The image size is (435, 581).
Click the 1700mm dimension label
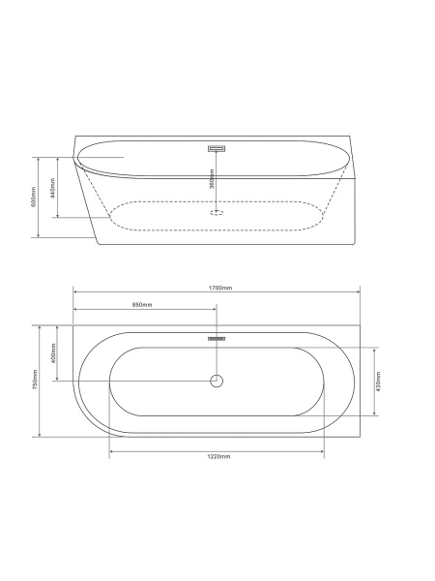(x=219, y=288)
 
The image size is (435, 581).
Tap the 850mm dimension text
(x=142, y=305)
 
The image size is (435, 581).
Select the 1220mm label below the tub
(x=218, y=456)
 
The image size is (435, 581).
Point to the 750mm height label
(x=35, y=379)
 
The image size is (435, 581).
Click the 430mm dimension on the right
(x=378, y=382)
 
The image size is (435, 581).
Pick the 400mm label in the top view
(x=53, y=353)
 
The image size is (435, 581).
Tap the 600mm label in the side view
(x=34, y=197)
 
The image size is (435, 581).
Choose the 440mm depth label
(x=53, y=188)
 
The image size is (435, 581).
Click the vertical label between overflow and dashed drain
(x=212, y=179)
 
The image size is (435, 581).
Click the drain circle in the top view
(x=217, y=381)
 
